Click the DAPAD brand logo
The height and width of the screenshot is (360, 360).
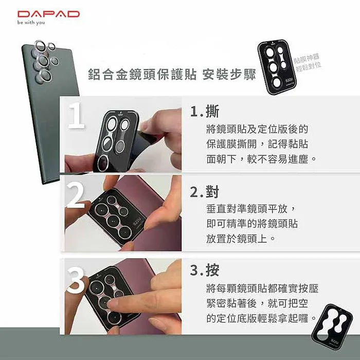[48, 14]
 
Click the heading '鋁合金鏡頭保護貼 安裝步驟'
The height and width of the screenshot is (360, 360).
[172, 74]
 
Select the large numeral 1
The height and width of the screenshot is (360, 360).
[76, 116]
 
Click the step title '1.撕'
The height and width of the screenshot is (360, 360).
[204, 112]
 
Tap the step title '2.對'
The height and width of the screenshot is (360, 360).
[204, 192]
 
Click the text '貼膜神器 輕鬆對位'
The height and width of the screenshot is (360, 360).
[308, 60]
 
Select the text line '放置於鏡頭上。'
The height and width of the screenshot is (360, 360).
[241, 239]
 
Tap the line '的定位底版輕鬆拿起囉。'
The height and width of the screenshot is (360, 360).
[262, 318]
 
